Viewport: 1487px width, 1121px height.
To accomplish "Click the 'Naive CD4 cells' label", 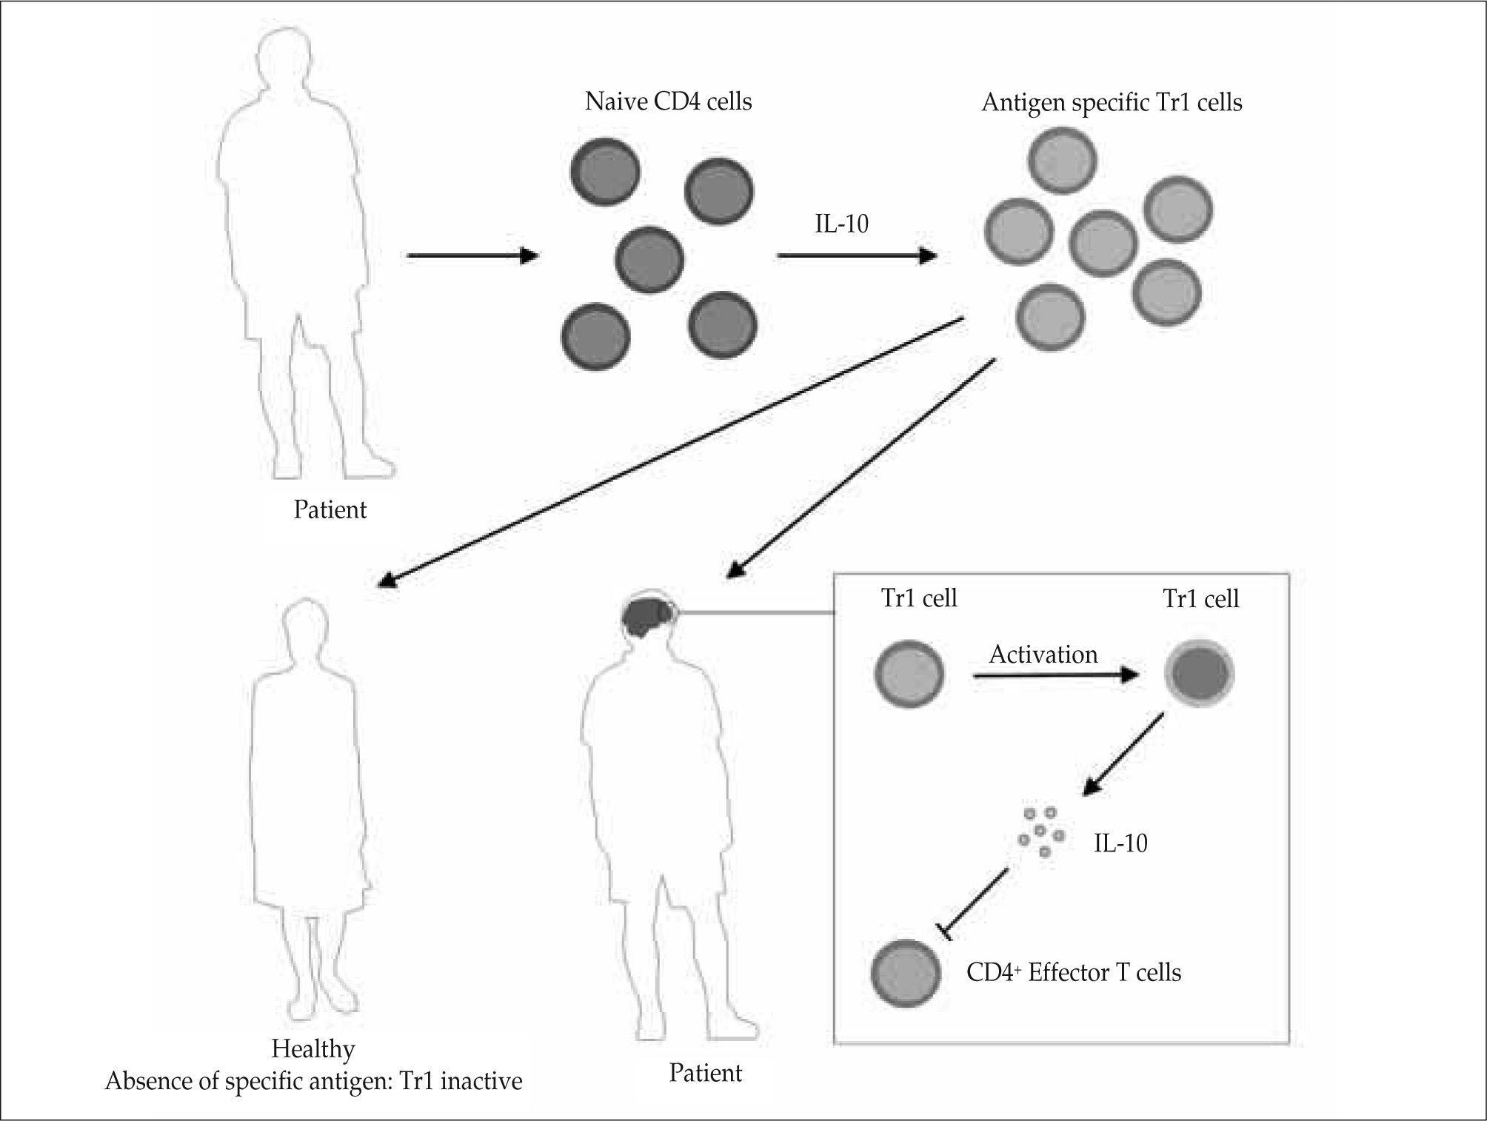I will (668, 101).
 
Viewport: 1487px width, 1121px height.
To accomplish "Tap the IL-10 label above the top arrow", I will (841, 223).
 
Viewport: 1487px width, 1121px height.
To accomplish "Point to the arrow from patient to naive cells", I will (472, 256).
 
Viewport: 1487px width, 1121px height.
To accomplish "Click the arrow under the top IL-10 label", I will (856, 256).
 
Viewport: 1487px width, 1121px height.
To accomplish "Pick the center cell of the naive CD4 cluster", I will (649, 260).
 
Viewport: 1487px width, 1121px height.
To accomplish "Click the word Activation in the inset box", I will (1043, 655).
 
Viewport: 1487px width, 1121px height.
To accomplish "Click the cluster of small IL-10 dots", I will (1040, 833).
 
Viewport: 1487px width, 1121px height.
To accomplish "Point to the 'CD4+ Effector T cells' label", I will (1073, 972).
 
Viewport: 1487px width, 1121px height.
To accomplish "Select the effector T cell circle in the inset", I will (905, 973).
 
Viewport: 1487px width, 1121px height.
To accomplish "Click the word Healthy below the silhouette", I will (313, 1048).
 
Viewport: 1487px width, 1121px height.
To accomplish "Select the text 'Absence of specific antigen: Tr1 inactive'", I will (313, 1081).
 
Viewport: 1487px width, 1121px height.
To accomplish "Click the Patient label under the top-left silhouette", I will (330, 509).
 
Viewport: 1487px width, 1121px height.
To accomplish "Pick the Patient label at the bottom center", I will (705, 1073).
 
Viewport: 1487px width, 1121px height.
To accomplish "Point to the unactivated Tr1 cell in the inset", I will (909, 675).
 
